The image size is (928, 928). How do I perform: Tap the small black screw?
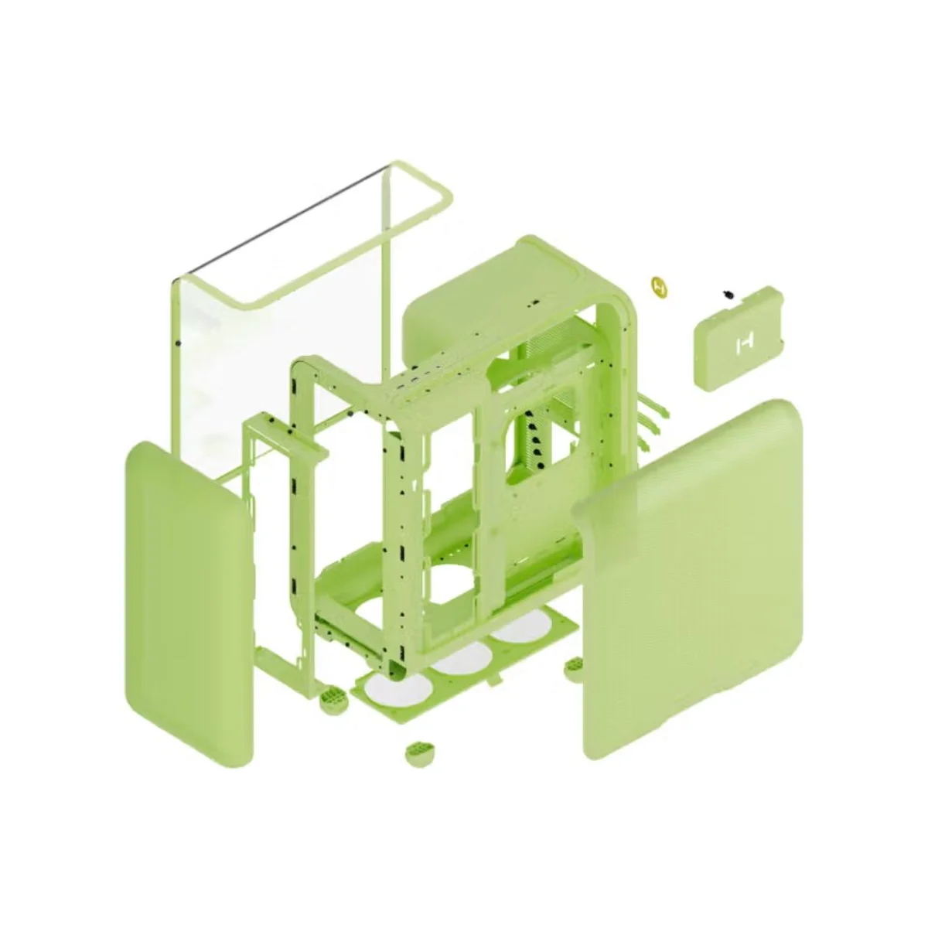click(726, 294)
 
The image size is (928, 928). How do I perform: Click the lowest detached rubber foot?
click(420, 752)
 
